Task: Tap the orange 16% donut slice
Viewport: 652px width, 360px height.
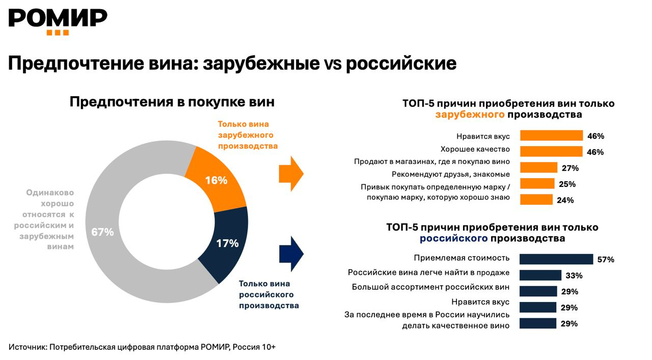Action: coord(216,179)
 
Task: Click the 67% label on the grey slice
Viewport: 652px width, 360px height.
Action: coord(102,232)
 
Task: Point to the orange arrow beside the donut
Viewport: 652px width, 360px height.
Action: coord(291,174)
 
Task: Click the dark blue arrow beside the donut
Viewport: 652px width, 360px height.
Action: coord(291,254)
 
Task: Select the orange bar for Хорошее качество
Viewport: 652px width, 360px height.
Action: coord(551,152)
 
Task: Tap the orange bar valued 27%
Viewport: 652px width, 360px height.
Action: coord(539,168)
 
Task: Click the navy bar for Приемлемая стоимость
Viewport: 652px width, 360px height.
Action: coord(556,259)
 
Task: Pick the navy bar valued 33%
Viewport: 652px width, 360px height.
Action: coord(540,275)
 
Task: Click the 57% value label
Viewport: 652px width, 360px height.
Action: coord(606,260)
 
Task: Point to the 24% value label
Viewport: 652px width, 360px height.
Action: coord(565,200)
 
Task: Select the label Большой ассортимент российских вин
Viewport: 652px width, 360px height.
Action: coord(431,287)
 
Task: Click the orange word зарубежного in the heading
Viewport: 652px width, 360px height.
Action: coord(470,115)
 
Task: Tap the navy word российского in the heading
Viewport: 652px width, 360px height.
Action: coord(454,238)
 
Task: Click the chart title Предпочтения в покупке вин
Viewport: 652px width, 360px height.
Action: coord(172,102)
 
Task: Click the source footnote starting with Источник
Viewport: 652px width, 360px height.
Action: coord(142,347)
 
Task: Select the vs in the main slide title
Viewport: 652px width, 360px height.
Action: coord(333,65)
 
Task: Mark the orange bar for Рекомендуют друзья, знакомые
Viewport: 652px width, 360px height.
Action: coord(537,184)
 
